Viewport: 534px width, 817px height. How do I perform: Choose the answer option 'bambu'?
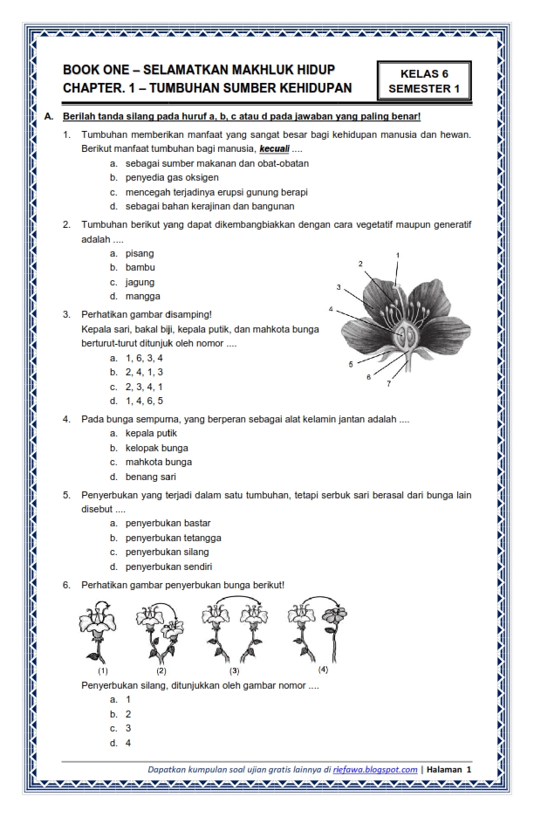click(141, 267)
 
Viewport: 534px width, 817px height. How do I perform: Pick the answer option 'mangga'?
click(144, 296)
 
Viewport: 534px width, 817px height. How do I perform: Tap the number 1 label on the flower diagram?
click(398, 255)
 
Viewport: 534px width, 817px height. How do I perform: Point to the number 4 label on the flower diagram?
click(331, 309)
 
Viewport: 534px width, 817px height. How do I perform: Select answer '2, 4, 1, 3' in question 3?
click(149, 372)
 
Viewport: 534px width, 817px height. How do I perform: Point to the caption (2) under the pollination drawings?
click(161, 671)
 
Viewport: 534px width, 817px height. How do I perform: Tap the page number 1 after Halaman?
click(469, 769)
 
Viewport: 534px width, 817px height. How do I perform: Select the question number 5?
click(66, 494)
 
